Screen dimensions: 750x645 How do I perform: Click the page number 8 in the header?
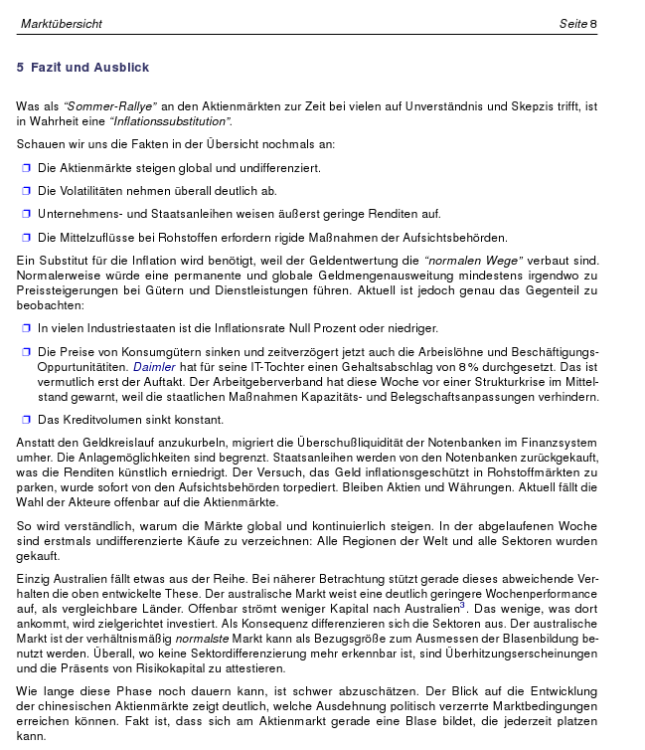click(593, 23)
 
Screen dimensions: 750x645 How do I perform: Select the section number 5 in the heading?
click(20, 68)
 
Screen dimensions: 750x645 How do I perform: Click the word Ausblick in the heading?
click(122, 68)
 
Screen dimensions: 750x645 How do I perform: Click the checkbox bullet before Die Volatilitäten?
click(27, 190)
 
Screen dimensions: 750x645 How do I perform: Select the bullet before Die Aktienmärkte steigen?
click(27, 167)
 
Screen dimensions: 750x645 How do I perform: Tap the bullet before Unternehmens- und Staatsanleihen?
click(27, 214)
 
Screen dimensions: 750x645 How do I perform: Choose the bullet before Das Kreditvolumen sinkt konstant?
click(27, 420)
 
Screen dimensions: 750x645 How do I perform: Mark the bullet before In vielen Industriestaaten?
click(27, 327)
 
